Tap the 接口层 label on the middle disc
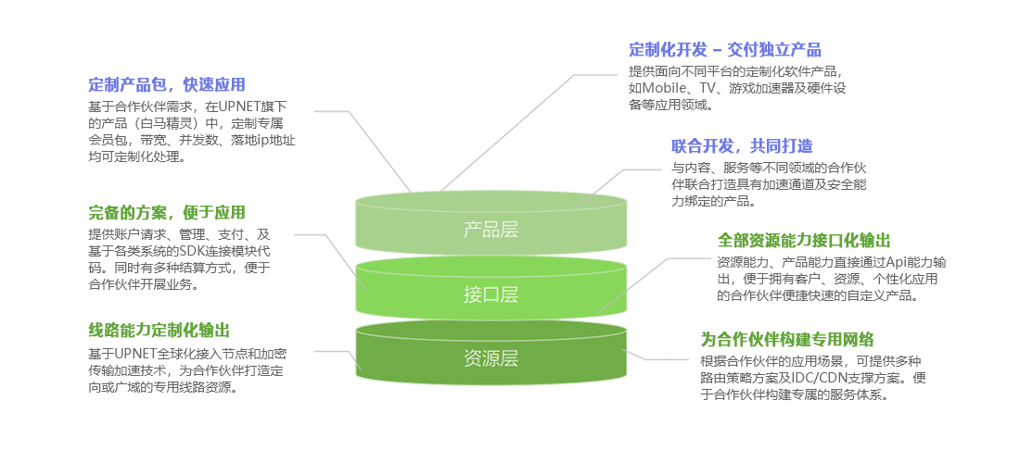click(x=491, y=294)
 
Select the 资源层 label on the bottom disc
click(x=491, y=358)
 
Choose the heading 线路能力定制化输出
click(x=159, y=330)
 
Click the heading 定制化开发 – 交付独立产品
click(x=725, y=50)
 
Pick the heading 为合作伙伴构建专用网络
click(x=787, y=338)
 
